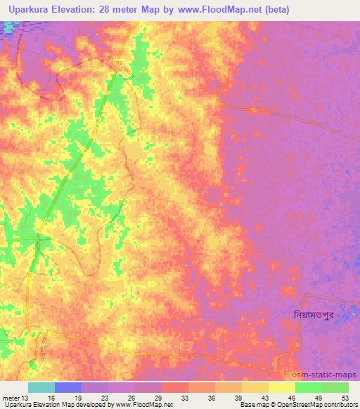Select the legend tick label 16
tap(52, 397)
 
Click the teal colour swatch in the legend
tap(41, 387)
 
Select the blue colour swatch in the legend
tap(68, 387)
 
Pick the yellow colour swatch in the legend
tap(281, 387)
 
